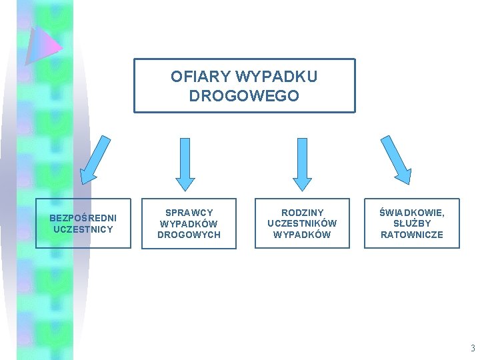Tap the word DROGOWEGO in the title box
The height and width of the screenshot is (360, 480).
pos(244,96)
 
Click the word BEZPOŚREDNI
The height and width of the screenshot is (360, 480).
pos(83,218)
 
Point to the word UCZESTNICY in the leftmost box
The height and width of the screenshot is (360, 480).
pos(83,229)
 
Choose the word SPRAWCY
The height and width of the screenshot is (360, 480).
pos(189,213)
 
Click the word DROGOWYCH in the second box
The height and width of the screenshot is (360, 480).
pos(189,235)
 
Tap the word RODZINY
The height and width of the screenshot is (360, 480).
pos(302,213)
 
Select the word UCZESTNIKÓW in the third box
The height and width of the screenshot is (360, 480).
pos(302,223)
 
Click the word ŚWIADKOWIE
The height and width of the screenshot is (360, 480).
pos(411,213)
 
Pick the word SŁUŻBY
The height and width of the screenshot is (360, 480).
pos(411,223)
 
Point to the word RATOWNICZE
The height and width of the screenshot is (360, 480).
pos(411,235)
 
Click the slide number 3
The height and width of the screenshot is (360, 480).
pos(472,348)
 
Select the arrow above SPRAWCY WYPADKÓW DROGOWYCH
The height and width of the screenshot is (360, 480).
pos(185,163)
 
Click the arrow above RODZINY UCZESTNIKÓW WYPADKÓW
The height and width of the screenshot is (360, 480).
pos(302,163)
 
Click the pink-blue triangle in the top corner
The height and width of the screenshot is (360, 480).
pos(41,45)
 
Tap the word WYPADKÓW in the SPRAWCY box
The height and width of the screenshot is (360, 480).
pos(189,223)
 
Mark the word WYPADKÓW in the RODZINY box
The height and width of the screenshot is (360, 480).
pos(302,235)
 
